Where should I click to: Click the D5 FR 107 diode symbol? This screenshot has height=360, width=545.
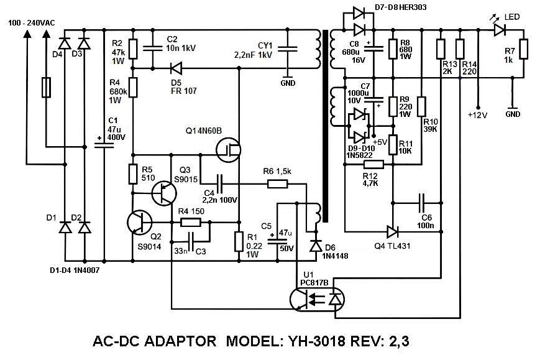(x=176, y=68)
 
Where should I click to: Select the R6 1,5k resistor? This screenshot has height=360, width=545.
(x=277, y=183)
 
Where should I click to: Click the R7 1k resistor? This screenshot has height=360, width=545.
(x=523, y=49)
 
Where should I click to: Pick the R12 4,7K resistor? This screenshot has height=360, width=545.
(x=373, y=165)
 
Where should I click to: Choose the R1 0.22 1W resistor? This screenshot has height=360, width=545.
(x=239, y=241)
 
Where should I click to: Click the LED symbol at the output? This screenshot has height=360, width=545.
(x=498, y=29)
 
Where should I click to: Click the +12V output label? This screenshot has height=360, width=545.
(x=478, y=114)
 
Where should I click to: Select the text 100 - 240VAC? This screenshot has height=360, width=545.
(x=32, y=22)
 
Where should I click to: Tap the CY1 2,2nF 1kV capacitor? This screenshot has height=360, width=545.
(x=288, y=47)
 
